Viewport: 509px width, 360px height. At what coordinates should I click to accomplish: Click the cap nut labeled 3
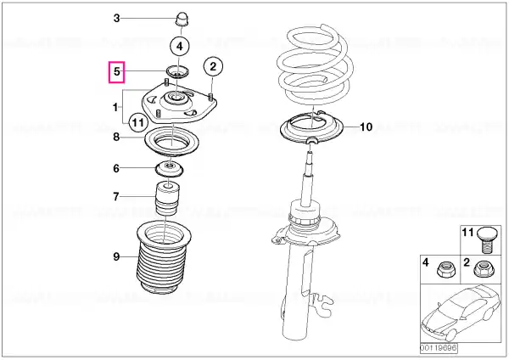pos(182,20)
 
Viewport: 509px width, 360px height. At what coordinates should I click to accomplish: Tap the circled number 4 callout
pos(180,47)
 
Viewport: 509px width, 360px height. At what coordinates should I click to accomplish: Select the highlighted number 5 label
pos(117,72)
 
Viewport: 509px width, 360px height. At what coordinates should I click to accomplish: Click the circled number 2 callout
pos(213,66)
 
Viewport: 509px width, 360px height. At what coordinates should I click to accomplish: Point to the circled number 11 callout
pos(138,122)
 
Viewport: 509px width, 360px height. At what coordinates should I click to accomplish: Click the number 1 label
pos(115,107)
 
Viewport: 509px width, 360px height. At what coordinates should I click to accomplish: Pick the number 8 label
pos(116,137)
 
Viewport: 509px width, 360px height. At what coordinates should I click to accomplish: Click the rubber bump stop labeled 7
pos(168,198)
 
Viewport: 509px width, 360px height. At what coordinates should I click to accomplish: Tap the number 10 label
pos(366,127)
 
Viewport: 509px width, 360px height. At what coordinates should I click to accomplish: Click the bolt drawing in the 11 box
pos(486,239)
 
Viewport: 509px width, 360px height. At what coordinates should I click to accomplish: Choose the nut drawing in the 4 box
pos(446,268)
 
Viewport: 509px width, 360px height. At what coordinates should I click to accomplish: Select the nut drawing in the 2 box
pos(483,269)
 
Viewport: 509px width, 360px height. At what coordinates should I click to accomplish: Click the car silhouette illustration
pos(461,312)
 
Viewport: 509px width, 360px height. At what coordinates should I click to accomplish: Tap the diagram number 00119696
pos(439,348)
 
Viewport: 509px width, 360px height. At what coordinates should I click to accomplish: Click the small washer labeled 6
pos(169,169)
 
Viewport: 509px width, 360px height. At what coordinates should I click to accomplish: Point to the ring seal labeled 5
pos(177,72)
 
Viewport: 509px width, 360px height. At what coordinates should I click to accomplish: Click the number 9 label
pos(116,257)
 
